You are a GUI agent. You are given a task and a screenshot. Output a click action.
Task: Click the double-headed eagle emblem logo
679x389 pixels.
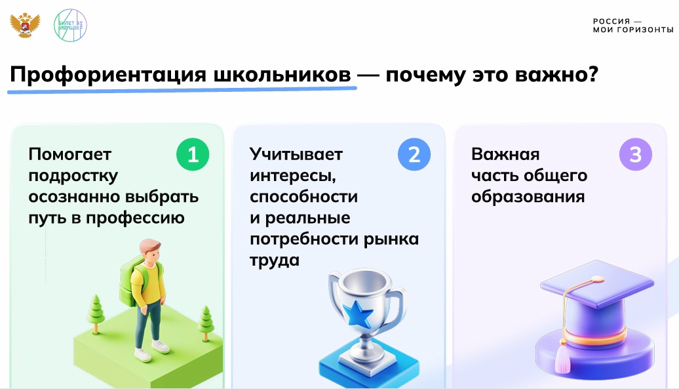[25, 26]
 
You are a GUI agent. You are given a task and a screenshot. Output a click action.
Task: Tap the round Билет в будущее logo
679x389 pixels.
[70, 26]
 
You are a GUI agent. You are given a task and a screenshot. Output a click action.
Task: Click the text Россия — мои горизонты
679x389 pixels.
[633, 26]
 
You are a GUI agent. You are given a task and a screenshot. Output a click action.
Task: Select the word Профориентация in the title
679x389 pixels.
[108, 75]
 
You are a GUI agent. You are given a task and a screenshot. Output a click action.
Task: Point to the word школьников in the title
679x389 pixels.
[282, 75]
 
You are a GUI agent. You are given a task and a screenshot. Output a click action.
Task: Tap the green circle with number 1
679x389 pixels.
[193, 154]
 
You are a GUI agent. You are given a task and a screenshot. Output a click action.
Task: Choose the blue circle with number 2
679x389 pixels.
[414, 154]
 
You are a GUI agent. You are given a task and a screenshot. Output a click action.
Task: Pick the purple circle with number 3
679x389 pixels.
[635, 154]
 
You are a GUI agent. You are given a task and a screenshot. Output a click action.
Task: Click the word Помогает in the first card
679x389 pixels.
[69, 154]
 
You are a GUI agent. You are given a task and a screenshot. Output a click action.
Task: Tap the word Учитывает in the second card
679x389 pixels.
[296, 154]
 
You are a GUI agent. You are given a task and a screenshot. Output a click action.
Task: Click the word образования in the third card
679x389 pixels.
[528, 197]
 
